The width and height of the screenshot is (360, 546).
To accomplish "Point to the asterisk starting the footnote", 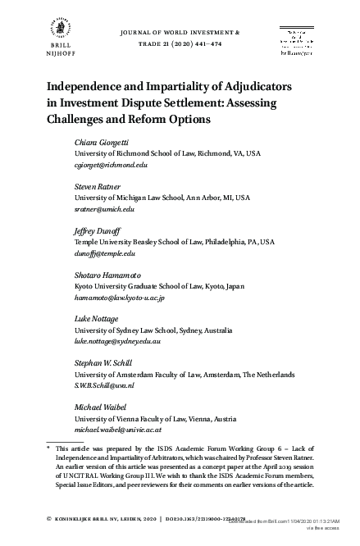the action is (48, 448).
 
